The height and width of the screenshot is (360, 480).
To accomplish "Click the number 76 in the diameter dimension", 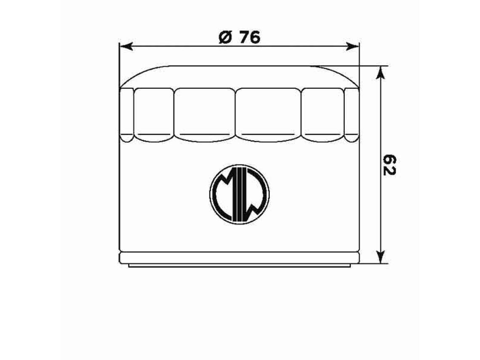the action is tap(250, 37).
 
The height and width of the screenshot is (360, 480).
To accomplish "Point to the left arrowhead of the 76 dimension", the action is tap(126, 47).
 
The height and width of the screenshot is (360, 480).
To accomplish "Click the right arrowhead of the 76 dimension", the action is tap(352, 47).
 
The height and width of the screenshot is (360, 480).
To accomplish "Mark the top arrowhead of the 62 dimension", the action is tap(380, 72).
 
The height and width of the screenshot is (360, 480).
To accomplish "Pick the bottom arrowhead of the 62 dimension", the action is tap(380, 256).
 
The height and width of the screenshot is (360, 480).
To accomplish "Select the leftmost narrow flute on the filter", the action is tap(126, 115).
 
